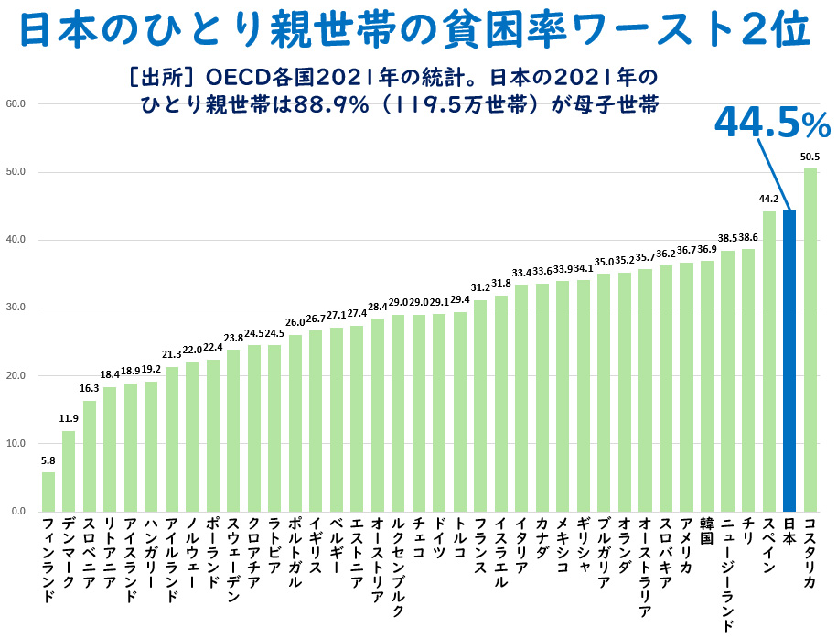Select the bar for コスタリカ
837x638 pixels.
[x=810, y=340]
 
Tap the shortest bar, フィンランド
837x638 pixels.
[x=48, y=492]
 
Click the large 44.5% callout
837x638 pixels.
[x=771, y=123]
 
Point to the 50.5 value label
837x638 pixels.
[x=810, y=157]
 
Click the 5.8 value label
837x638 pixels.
[x=48, y=460]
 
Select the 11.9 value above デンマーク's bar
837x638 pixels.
[x=69, y=419]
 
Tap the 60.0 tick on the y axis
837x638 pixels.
[x=16, y=103]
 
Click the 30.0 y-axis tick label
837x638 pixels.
[x=16, y=308]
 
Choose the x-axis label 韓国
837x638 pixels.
[x=707, y=532]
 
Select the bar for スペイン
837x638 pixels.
[x=769, y=361]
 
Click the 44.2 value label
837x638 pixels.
[x=769, y=200]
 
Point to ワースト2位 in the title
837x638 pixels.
[x=705, y=30]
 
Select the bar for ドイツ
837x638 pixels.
[x=439, y=412]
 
